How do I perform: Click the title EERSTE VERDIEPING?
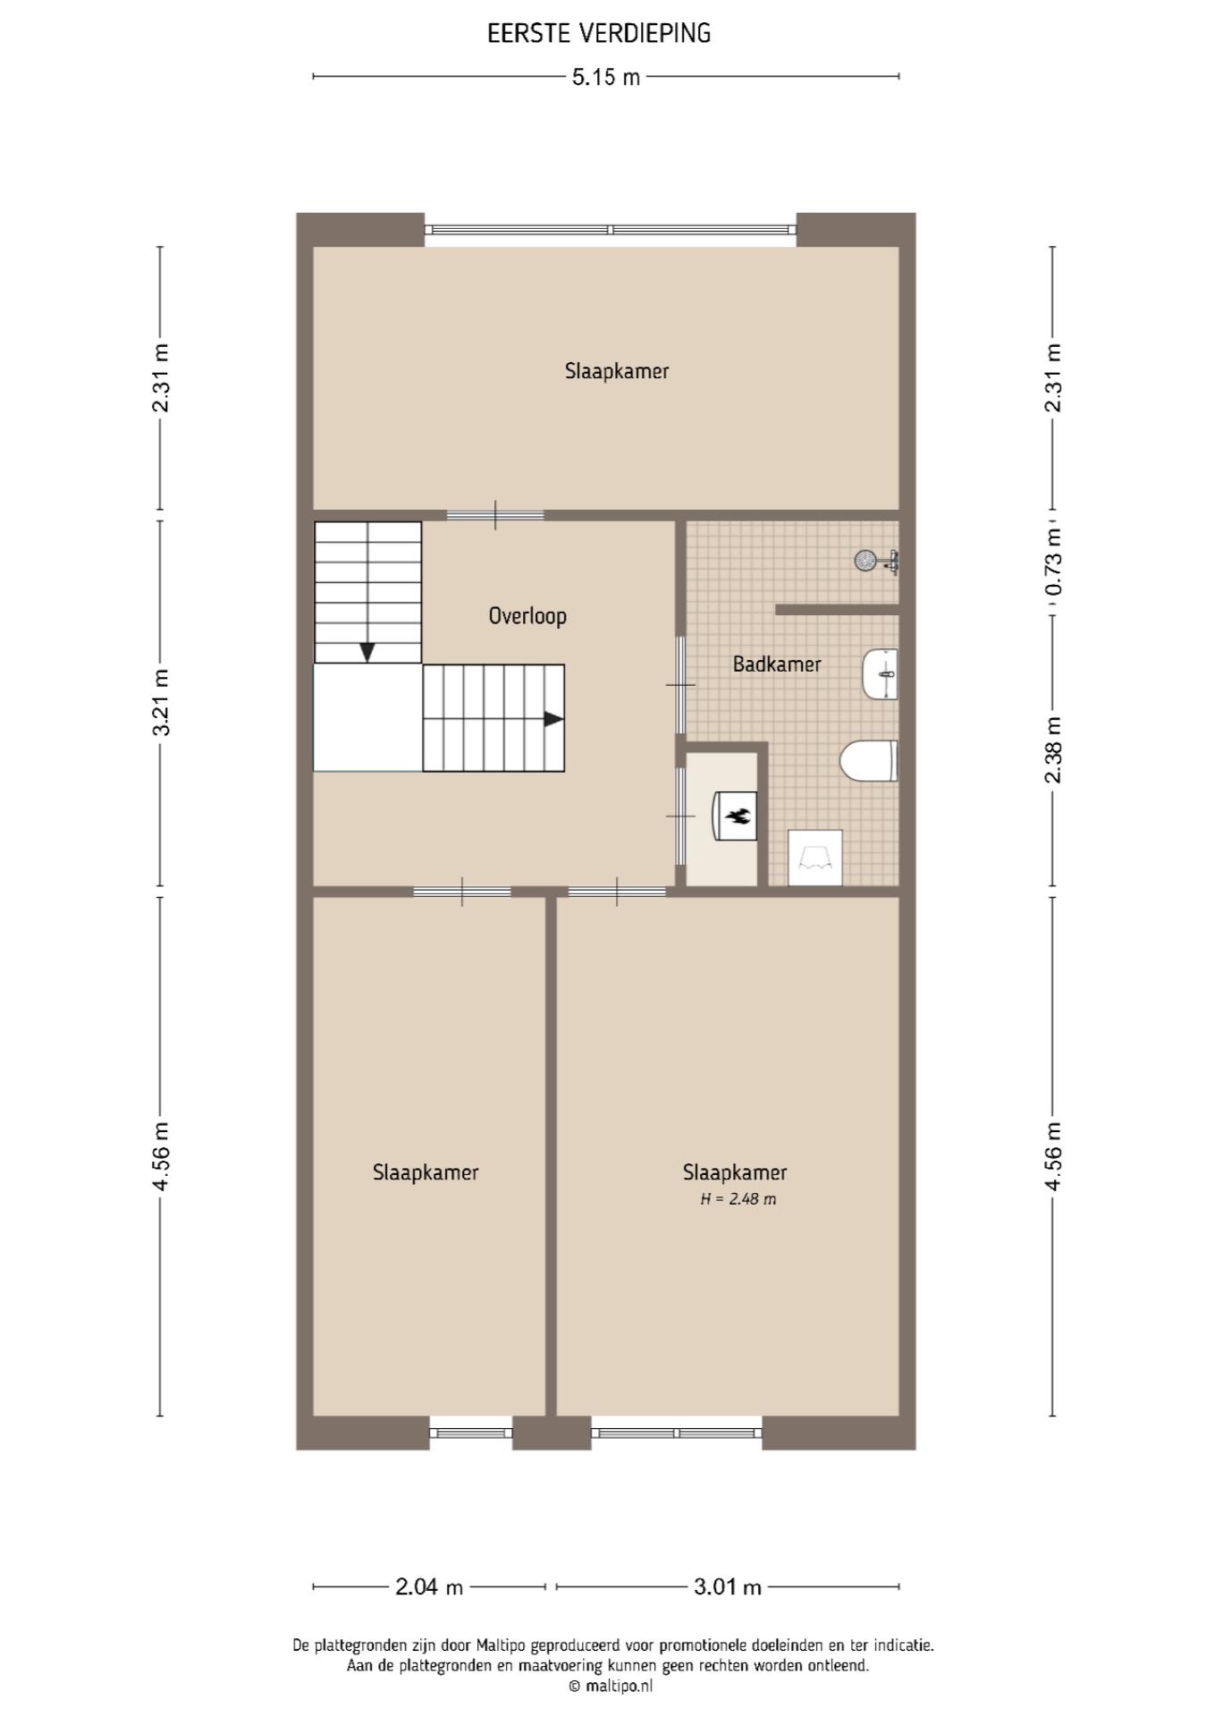pyautogui.click(x=599, y=34)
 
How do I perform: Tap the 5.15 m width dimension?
pyautogui.click(x=606, y=77)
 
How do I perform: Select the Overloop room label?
pyautogui.click(x=527, y=616)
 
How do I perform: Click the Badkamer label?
pyautogui.click(x=777, y=664)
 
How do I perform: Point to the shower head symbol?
pyautogui.click(x=865, y=561)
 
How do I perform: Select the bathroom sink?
pyautogui.click(x=881, y=674)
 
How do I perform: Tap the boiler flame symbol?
pyautogui.click(x=738, y=816)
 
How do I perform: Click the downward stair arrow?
pyautogui.click(x=367, y=652)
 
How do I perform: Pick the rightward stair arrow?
pyautogui.click(x=554, y=719)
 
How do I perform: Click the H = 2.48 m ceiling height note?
pyautogui.click(x=738, y=1199)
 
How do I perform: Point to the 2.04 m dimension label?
pyautogui.click(x=429, y=1587)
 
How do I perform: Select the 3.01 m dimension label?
pyautogui.click(x=728, y=1587)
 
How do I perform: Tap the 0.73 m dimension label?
pyautogui.click(x=1053, y=562)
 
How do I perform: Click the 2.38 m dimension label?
pyautogui.click(x=1053, y=749)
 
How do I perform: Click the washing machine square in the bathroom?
pyautogui.click(x=815, y=858)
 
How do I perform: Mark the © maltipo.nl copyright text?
pyautogui.click(x=611, y=1687)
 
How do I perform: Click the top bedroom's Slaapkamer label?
pyautogui.click(x=617, y=371)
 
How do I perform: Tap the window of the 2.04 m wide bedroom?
pyautogui.click(x=471, y=1433)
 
